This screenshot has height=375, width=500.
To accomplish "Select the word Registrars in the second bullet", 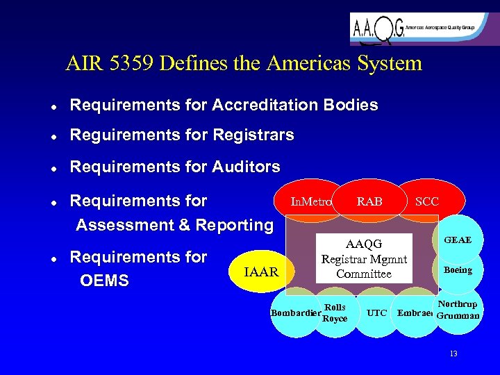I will pos(256,135).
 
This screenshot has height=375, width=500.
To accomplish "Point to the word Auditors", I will pos(247,167).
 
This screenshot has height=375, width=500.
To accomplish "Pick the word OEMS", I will pos(105,283).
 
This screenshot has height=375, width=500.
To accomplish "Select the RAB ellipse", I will pos(369,201).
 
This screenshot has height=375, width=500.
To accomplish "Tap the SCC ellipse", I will pos(426,201).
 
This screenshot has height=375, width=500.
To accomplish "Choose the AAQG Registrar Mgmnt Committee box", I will pos(364,258).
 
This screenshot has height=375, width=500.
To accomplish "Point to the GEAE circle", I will pos(458,240).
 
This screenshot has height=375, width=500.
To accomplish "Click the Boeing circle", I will pos(458,270).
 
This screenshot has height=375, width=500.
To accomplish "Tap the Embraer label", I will pos(415,313).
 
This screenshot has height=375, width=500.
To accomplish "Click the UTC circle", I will pos(376,313).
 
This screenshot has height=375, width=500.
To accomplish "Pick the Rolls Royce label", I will pos(335,312).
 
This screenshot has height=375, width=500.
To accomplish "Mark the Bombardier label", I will pos(295,313).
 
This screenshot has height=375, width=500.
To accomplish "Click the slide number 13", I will pos(453,353).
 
